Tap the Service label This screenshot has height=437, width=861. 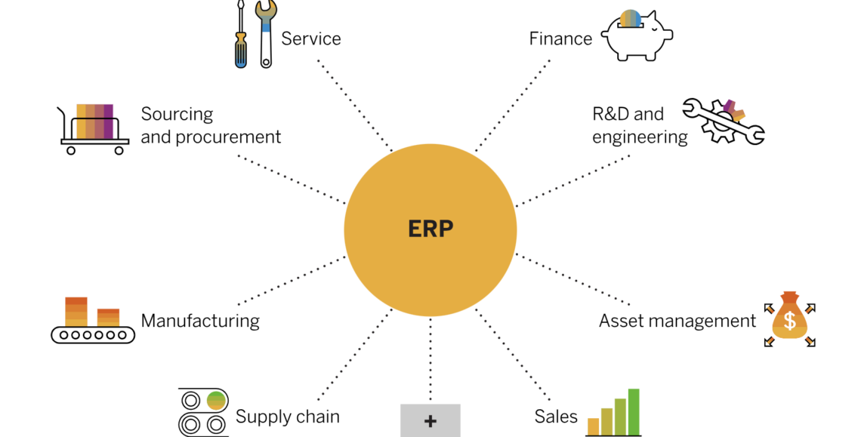pos(310,38)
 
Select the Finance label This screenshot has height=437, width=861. pos(560,38)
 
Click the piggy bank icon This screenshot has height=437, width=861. pos(636,35)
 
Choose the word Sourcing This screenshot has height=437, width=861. pos(177,115)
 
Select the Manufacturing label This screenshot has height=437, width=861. pos(200,321)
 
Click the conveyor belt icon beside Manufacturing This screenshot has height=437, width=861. pos(92,322)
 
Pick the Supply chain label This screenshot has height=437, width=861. pos(288,417)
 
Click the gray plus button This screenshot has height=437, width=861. pos(430,421)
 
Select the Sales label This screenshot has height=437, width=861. pos(556,417)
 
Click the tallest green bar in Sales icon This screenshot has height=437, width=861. pos(634,411)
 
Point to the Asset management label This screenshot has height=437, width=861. pos(677,321)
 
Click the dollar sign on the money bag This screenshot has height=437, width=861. pos(790,322)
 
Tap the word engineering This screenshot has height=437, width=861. pos(640,137)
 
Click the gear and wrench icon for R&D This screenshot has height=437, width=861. pos(724,122)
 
